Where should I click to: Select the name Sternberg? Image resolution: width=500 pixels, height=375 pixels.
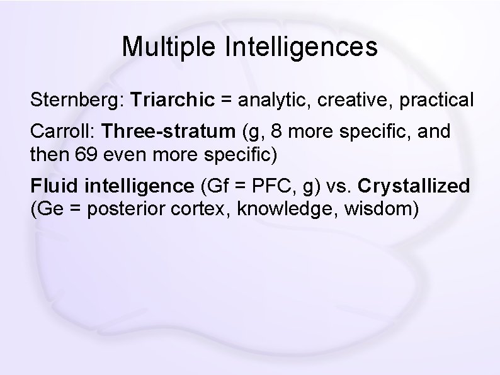click(x=77, y=100)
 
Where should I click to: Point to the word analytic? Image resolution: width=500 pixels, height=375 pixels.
click(x=264, y=100)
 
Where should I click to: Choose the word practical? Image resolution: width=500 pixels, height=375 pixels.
click(x=434, y=100)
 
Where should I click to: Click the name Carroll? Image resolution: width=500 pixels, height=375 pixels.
click(x=61, y=132)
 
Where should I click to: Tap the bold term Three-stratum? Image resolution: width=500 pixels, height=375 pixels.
click(x=168, y=132)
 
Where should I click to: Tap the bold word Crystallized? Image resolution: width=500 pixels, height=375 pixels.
click(x=414, y=186)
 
